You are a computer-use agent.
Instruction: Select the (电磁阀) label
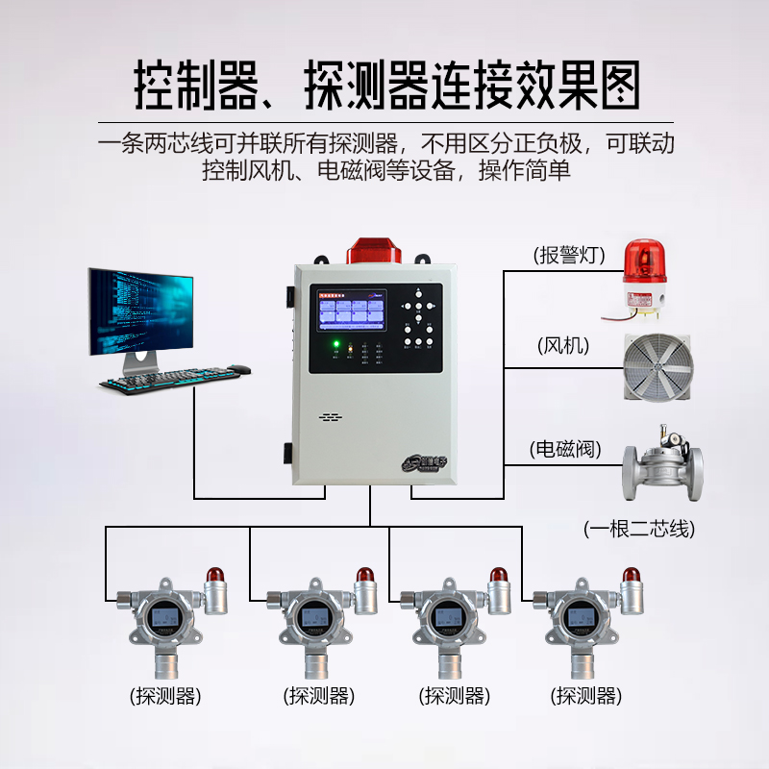[565, 448]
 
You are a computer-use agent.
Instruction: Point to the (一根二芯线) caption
[639, 528]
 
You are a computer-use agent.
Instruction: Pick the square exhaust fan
[657, 364]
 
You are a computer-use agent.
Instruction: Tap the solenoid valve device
[658, 465]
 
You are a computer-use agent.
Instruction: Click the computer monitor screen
[140, 311]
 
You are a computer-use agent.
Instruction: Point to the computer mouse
[239, 368]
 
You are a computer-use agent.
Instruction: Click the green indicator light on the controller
[335, 344]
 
